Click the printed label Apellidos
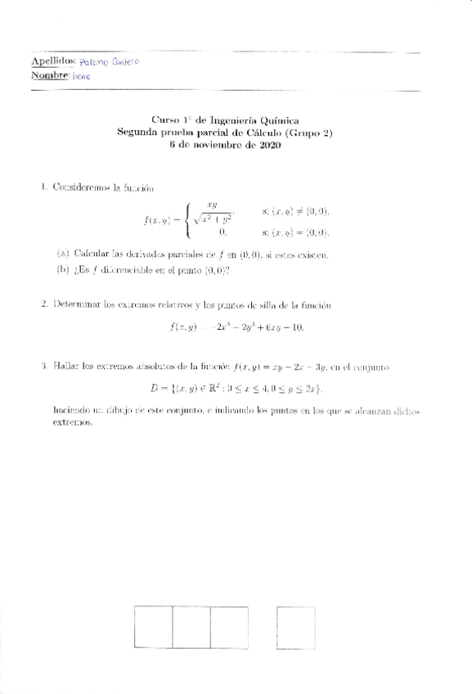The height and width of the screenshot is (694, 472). click(x=52, y=61)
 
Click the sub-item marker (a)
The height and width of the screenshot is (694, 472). click(x=62, y=255)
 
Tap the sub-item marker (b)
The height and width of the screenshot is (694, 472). click(x=62, y=270)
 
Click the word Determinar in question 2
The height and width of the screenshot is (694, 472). click(x=75, y=304)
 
